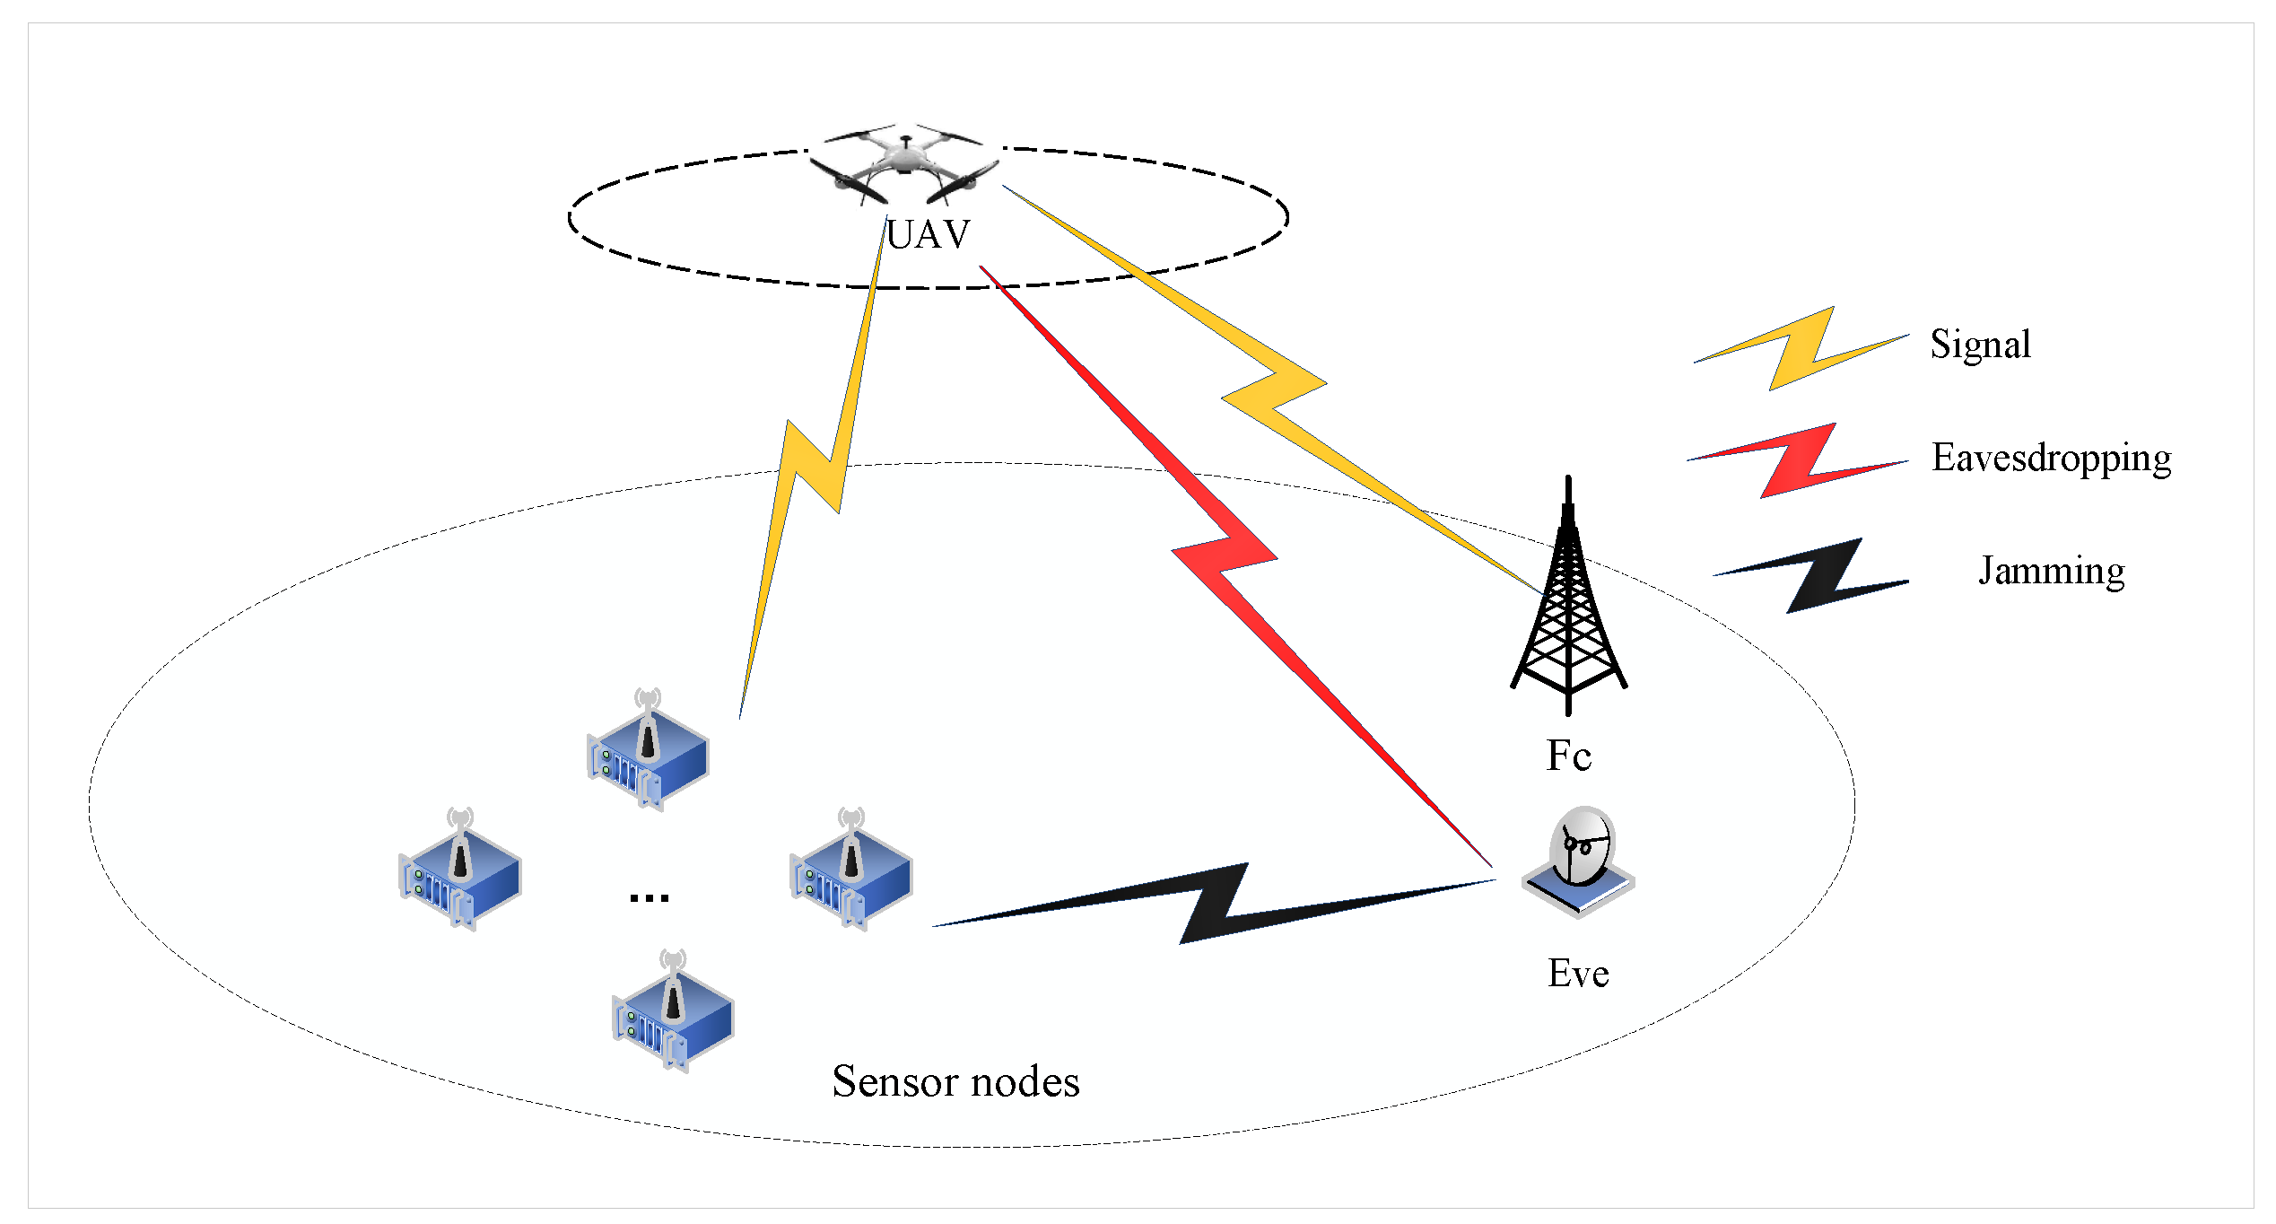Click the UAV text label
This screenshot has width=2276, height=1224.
(x=928, y=235)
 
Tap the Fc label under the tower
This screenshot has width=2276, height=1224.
(x=1568, y=756)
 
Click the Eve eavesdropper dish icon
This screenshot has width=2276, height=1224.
(x=1579, y=861)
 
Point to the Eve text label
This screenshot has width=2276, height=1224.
(x=1578, y=974)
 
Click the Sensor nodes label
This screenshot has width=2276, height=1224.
(x=955, y=1081)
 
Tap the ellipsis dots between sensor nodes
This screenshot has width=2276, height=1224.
(x=649, y=896)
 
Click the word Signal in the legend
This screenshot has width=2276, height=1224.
(x=1980, y=345)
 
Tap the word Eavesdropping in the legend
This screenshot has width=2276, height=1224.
(x=2051, y=459)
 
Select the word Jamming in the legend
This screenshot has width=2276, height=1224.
(x=2051, y=571)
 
